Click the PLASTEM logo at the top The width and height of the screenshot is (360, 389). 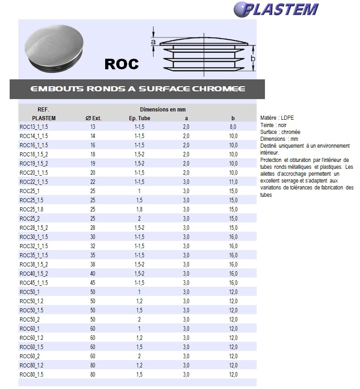click(x=276, y=9)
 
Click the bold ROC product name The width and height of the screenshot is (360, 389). click(x=122, y=64)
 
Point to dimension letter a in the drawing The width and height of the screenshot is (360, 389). click(x=153, y=42)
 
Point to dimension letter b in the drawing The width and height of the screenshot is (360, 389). click(x=252, y=59)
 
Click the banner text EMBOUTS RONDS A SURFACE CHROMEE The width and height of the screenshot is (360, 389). click(x=137, y=89)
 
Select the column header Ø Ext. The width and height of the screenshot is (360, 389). click(x=93, y=118)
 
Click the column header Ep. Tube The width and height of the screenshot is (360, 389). click(x=140, y=118)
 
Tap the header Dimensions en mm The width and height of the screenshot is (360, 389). click(x=163, y=110)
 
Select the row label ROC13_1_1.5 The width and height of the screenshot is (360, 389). click(x=34, y=127)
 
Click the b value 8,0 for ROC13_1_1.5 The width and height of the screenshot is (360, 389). click(x=233, y=127)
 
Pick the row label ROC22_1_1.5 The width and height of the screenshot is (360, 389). click(x=34, y=182)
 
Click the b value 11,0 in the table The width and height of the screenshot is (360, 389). click(x=233, y=182)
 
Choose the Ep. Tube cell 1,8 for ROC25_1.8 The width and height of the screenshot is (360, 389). click(x=139, y=210)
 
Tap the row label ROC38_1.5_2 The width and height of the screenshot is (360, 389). click(x=34, y=265)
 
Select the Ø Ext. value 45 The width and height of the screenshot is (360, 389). click(x=93, y=283)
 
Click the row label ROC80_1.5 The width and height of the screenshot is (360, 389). click(x=31, y=375)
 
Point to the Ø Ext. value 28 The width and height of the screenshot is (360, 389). click(x=93, y=228)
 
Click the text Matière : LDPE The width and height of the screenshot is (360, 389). click(x=277, y=118)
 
